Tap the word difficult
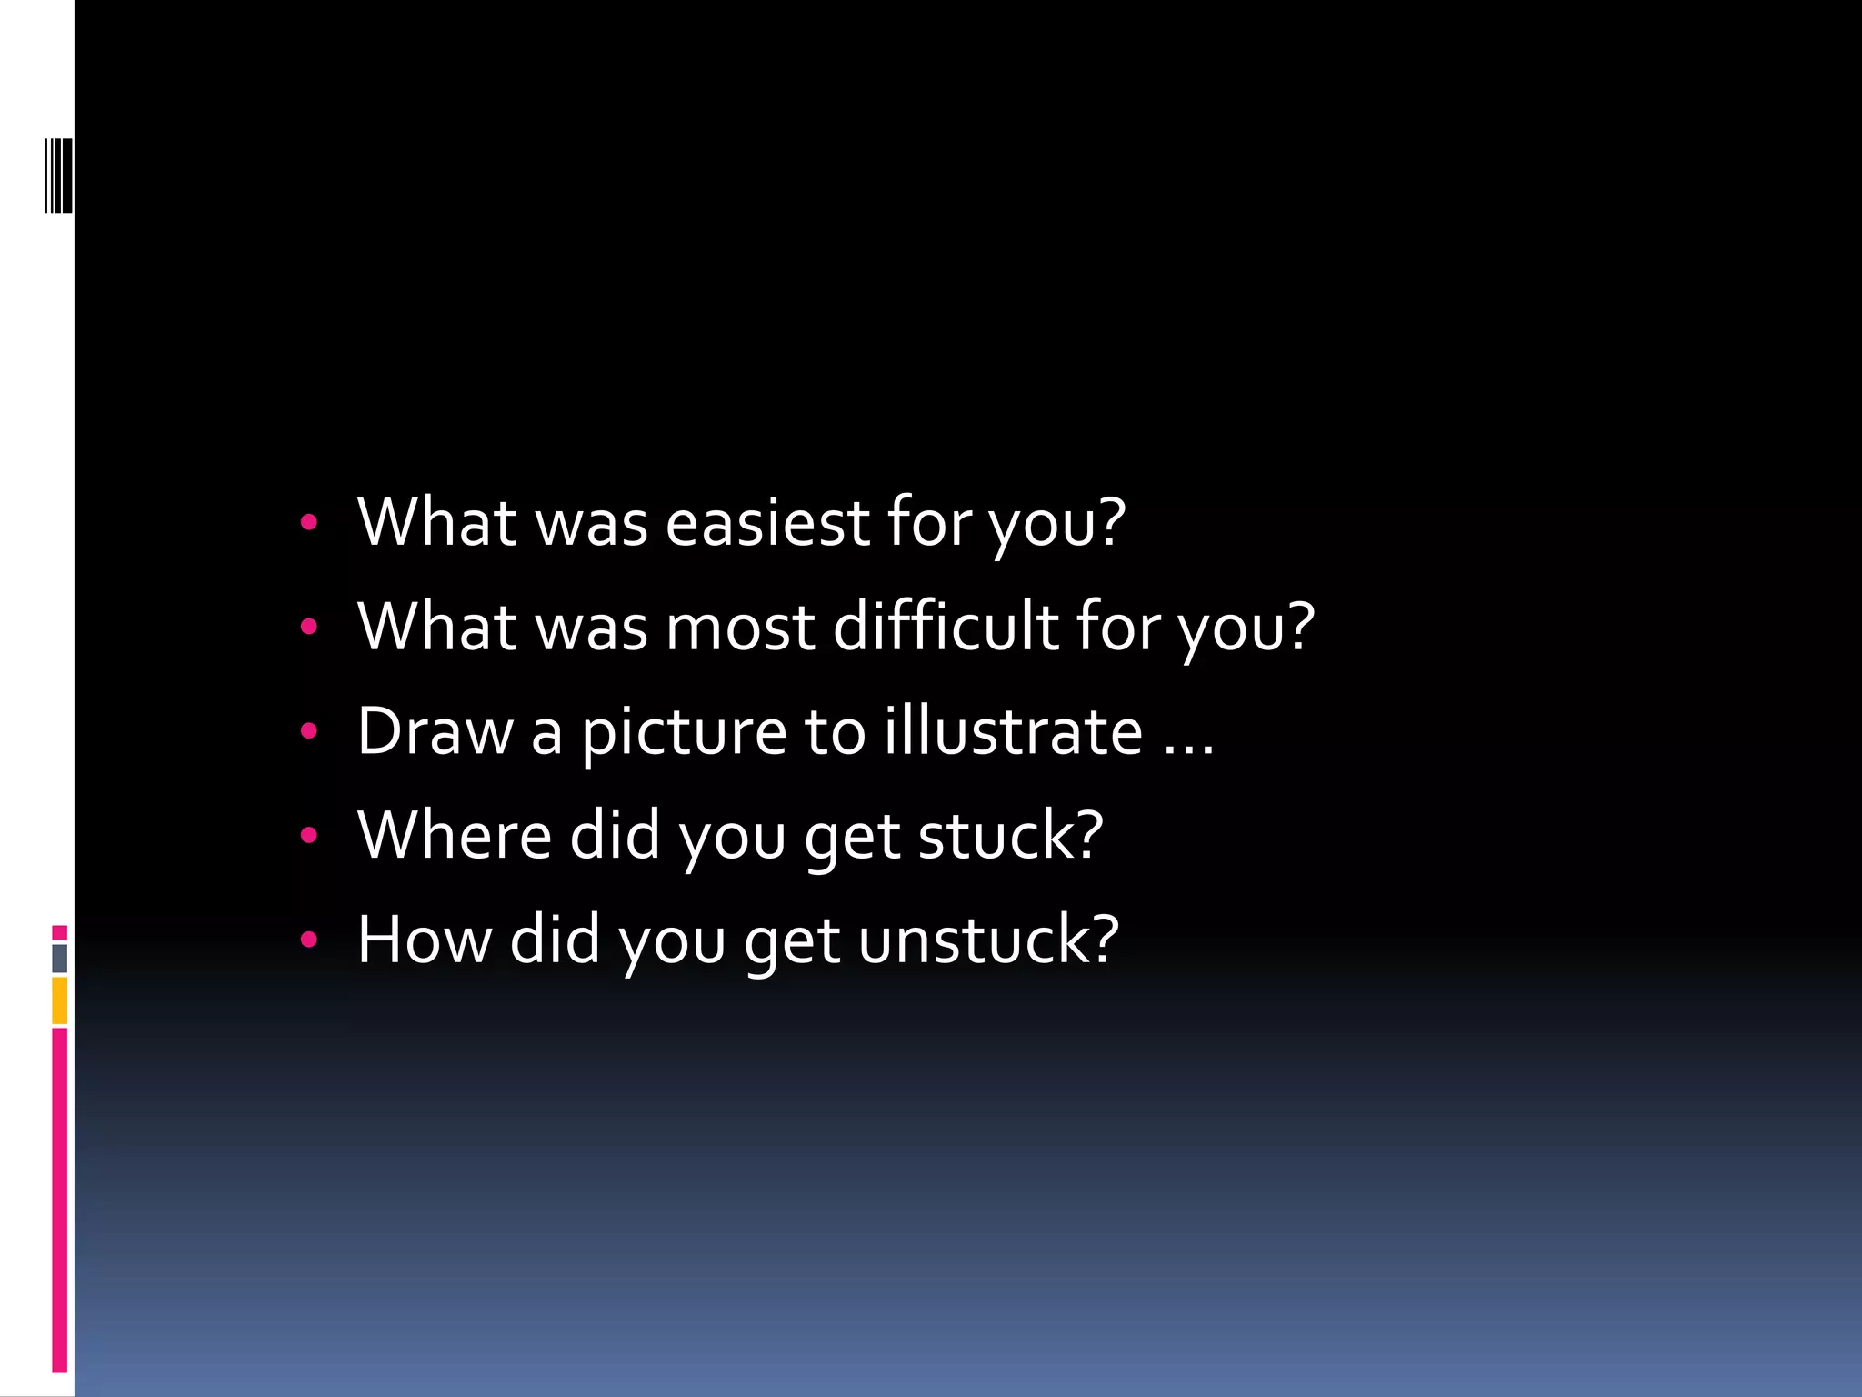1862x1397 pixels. [x=946, y=627]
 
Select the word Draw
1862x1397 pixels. [x=435, y=731]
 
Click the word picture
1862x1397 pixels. [x=684, y=733]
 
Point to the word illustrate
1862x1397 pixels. [x=1013, y=731]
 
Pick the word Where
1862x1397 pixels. [x=455, y=835]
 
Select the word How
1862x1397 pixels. [x=424, y=940]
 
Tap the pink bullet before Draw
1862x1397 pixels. [x=309, y=730]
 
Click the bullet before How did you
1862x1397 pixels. [x=309, y=939]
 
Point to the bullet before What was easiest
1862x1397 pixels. [x=309, y=522]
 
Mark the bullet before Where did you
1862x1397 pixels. [x=309, y=835]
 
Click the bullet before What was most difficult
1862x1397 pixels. [x=309, y=626]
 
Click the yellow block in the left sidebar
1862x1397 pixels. [x=60, y=1000]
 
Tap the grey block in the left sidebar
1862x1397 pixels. [x=60, y=958]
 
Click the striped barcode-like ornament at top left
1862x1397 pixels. [x=58, y=176]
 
